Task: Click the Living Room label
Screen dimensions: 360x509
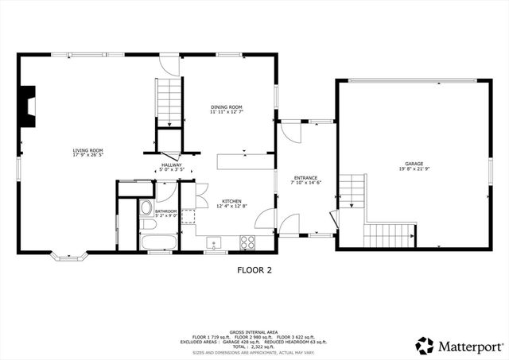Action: pos(88,149)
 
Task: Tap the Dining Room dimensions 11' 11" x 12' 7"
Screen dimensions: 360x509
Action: pos(227,113)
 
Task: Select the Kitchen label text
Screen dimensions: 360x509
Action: pos(231,202)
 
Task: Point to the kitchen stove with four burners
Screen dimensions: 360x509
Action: pos(248,242)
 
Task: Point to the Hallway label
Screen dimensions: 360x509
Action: pos(172,165)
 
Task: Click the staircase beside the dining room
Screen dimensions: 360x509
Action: pos(169,101)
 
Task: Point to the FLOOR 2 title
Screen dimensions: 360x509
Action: pos(254,270)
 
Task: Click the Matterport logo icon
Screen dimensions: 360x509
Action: pos(425,346)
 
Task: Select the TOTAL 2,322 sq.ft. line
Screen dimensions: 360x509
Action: pos(254,347)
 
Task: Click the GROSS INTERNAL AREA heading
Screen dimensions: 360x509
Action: pos(254,331)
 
